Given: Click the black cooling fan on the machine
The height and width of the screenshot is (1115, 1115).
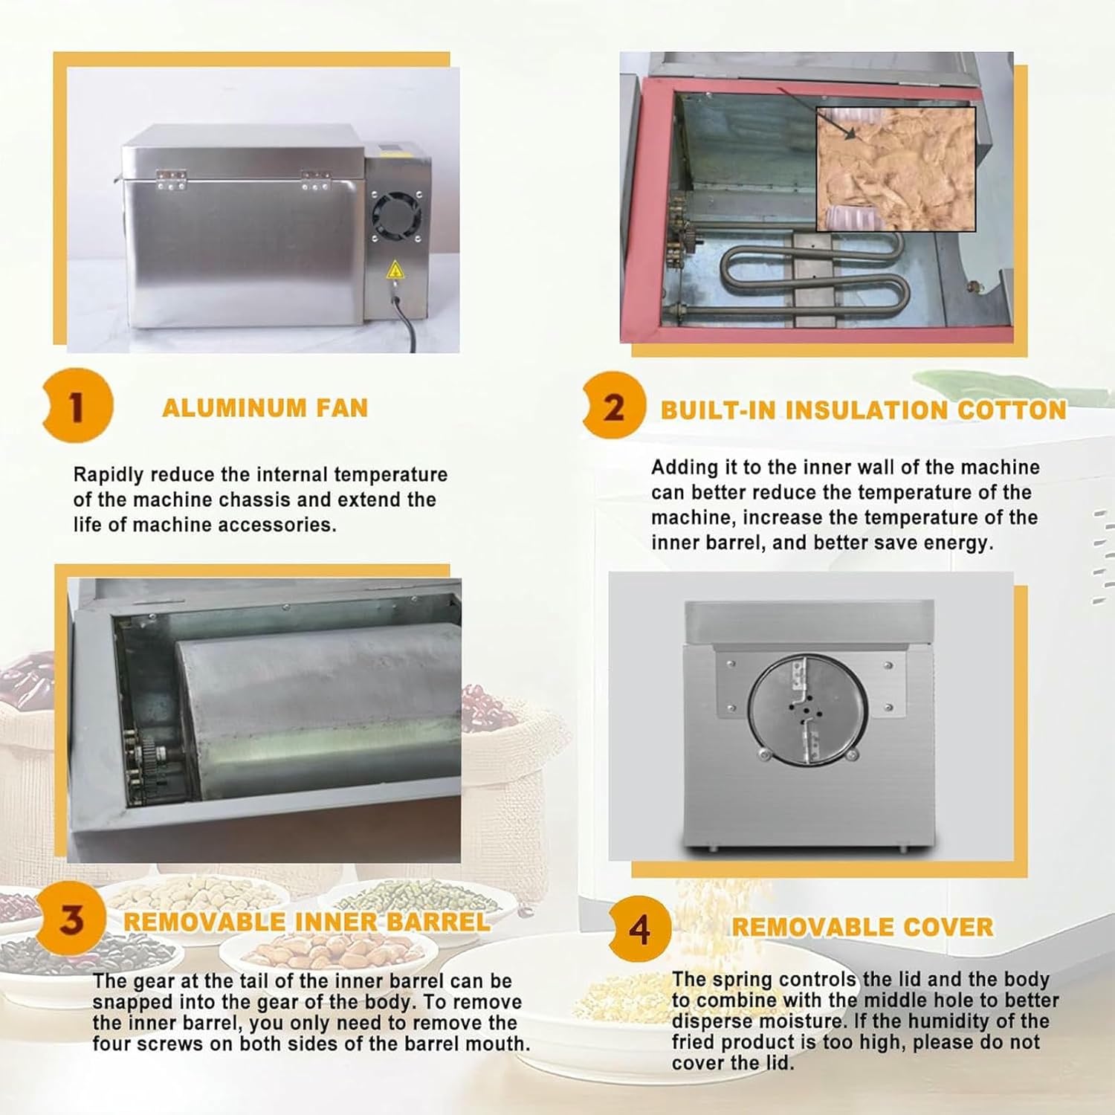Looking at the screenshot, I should click(x=395, y=216).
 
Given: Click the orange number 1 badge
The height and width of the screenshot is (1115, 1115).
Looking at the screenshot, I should click(x=77, y=406).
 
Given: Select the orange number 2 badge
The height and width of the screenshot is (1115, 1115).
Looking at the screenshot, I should click(x=613, y=407).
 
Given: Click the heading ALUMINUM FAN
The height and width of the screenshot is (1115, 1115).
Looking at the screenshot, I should click(x=265, y=408).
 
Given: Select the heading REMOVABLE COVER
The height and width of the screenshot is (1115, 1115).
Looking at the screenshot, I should click(x=862, y=927).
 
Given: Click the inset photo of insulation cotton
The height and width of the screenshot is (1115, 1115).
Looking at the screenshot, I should click(x=896, y=169).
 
